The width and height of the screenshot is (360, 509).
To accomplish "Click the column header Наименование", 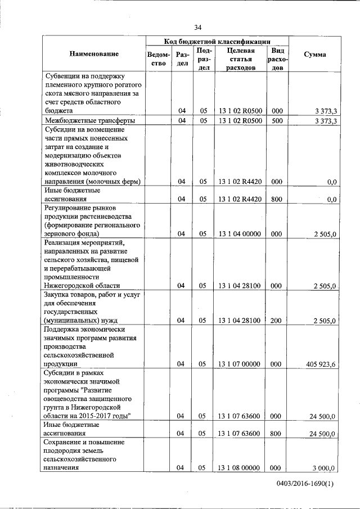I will [x=94, y=54].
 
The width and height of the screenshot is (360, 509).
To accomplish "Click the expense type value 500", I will [x=277, y=121].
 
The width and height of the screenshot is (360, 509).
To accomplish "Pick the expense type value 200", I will [x=277, y=321].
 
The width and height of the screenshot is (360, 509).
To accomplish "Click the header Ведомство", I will [x=159, y=58].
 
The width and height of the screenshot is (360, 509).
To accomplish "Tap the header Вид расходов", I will [x=277, y=58].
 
